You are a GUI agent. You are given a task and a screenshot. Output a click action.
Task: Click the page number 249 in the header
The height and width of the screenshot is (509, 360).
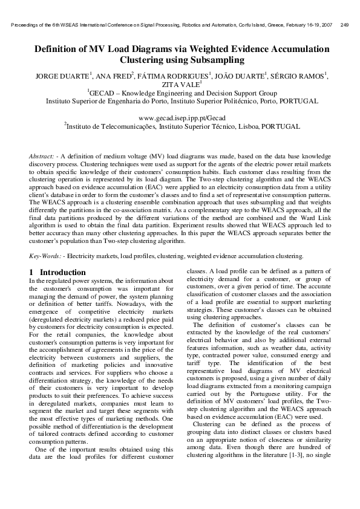[x=345, y=25]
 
